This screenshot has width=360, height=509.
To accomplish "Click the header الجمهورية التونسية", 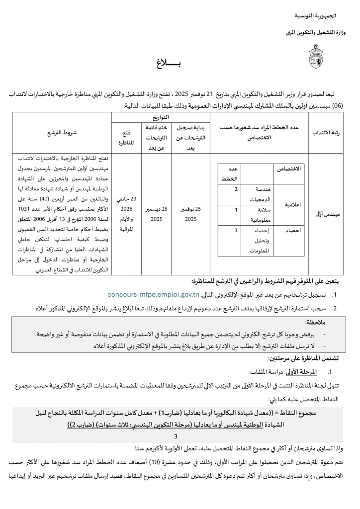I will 318,17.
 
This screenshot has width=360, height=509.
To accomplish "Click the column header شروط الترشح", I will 62,133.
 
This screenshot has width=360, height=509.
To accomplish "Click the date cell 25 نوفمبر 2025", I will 191,215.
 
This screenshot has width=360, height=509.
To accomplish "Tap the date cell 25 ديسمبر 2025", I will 157,215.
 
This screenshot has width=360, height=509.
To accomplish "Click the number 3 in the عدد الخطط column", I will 236,230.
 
